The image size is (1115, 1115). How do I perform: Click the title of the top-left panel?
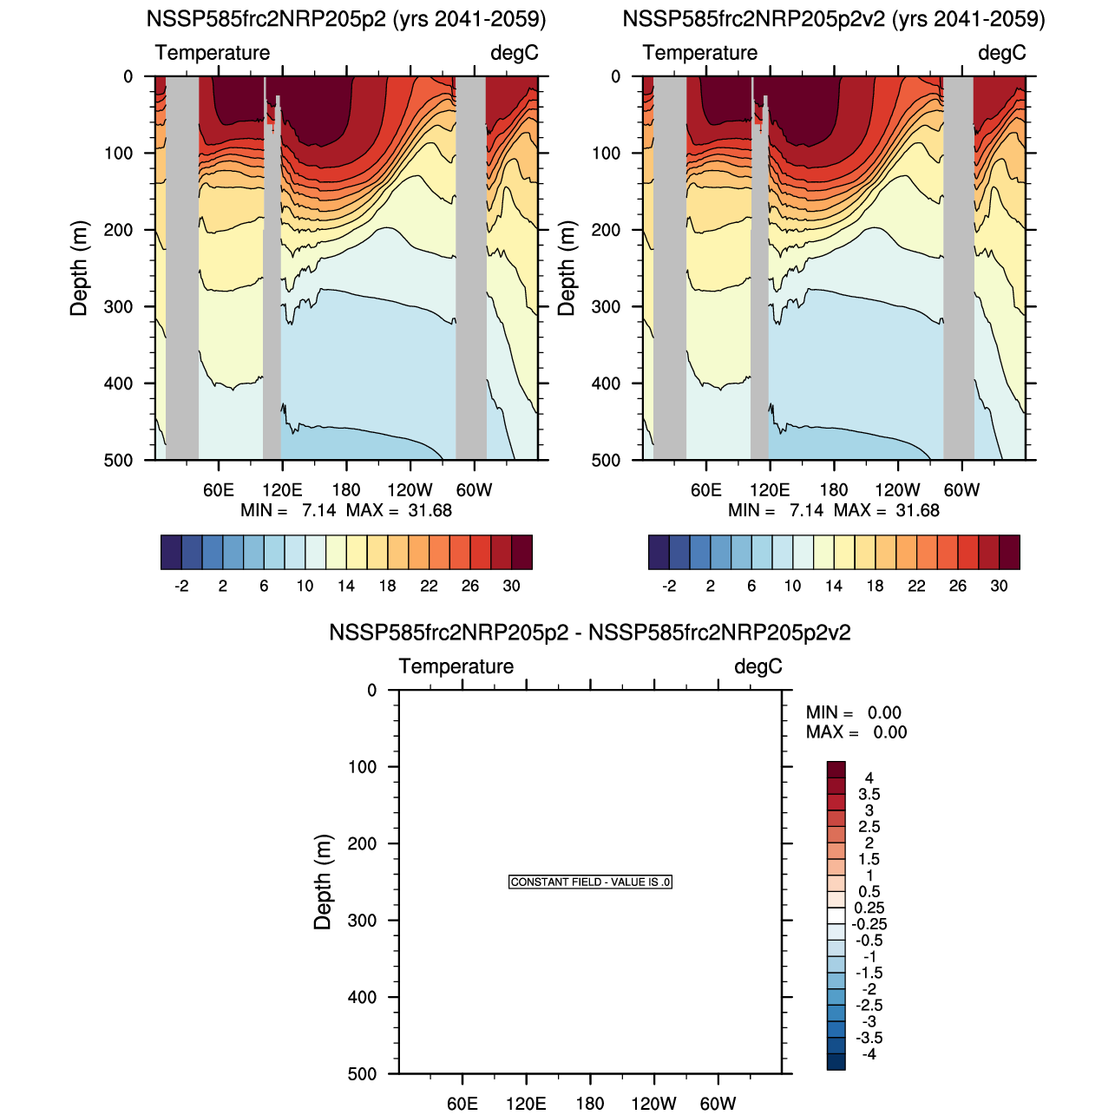[x=346, y=19]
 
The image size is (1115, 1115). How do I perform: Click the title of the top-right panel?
[x=834, y=19]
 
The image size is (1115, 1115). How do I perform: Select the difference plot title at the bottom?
[x=590, y=633]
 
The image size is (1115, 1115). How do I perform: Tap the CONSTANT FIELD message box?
[x=590, y=882]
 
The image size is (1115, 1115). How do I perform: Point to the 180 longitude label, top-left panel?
[x=346, y=490]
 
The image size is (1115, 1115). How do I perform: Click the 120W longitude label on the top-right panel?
[x=897, y=490]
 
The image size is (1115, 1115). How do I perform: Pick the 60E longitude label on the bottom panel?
[x=462, y=1104]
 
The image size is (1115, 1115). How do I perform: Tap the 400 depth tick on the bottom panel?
[x=362, y=998]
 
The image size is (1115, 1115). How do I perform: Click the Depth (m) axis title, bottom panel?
[x=323, y=882]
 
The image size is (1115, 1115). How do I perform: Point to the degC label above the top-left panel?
[x=515, y=53]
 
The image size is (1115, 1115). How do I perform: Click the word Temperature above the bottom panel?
[x=456, y=666]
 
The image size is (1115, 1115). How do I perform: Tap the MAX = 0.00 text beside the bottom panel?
[x=856, y=732]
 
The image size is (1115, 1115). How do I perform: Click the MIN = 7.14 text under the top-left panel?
[x=288, y=510]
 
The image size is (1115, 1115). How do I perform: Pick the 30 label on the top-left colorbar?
[x=512, y=586]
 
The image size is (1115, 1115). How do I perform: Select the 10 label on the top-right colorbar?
[x=792, y=586]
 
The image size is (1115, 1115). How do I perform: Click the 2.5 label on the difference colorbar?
[x=869, y=827]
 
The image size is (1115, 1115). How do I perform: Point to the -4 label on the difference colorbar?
[x=869, y=1054]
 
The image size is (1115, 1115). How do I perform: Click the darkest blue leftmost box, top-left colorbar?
[x=171, y=553]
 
